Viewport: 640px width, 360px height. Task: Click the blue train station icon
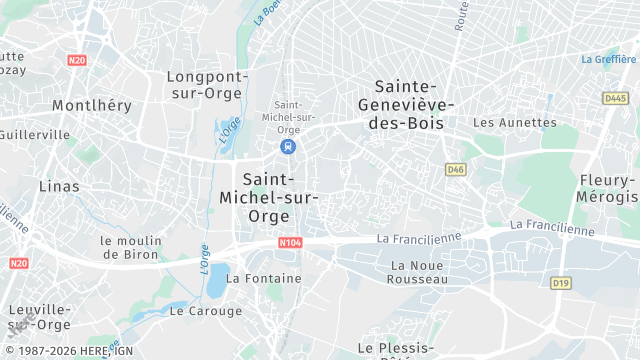288,147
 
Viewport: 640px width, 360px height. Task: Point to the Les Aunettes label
514,123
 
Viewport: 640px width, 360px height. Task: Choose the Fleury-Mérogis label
608,189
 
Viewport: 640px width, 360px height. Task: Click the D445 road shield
615,98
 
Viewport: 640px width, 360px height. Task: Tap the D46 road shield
456,170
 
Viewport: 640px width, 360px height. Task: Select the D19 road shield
560,284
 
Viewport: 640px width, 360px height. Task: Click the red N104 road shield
290,243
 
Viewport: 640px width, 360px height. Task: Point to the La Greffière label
608,59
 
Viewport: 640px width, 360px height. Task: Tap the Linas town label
58,186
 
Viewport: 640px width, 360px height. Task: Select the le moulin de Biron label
131,247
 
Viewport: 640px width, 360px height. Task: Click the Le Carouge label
206,311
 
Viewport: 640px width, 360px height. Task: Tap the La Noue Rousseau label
419,272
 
